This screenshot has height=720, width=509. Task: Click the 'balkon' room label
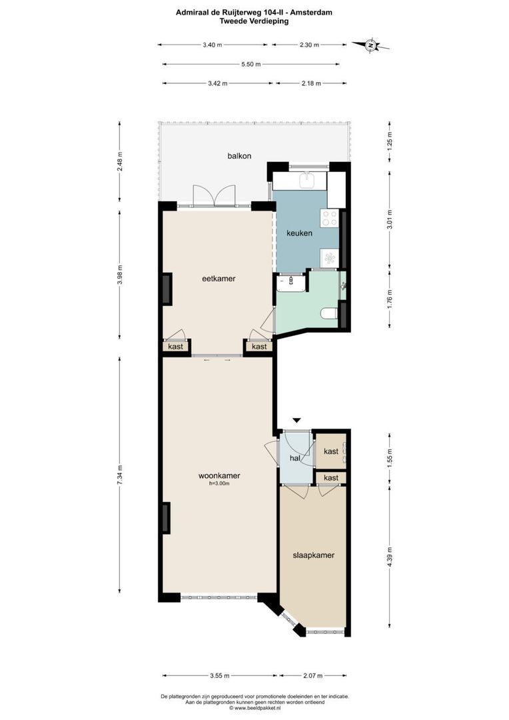[x=239, y=156]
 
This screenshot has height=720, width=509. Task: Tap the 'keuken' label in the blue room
[x=299, y=233]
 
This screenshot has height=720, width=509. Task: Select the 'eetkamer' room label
[x=219, y=279]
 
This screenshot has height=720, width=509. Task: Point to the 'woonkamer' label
[x=219, y=476]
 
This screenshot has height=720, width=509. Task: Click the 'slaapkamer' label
[x=313, y=555]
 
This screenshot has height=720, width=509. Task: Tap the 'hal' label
[x=294, y=459]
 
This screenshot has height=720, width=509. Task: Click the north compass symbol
[x=370, y=45]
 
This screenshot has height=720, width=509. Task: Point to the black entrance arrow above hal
[x=297, y=420]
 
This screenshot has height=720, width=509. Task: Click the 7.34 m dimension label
[x=120, y=475]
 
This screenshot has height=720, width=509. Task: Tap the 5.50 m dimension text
[x=251, y=65]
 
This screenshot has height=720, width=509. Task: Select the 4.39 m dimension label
[x=390, y=555]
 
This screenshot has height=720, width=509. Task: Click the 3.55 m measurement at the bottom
[x=219, y=675]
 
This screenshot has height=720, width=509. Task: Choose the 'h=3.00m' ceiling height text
[x=219, y=485]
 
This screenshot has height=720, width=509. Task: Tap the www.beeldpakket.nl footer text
[x=255, y=708]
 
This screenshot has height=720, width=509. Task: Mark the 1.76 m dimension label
[x=390, y=297]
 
